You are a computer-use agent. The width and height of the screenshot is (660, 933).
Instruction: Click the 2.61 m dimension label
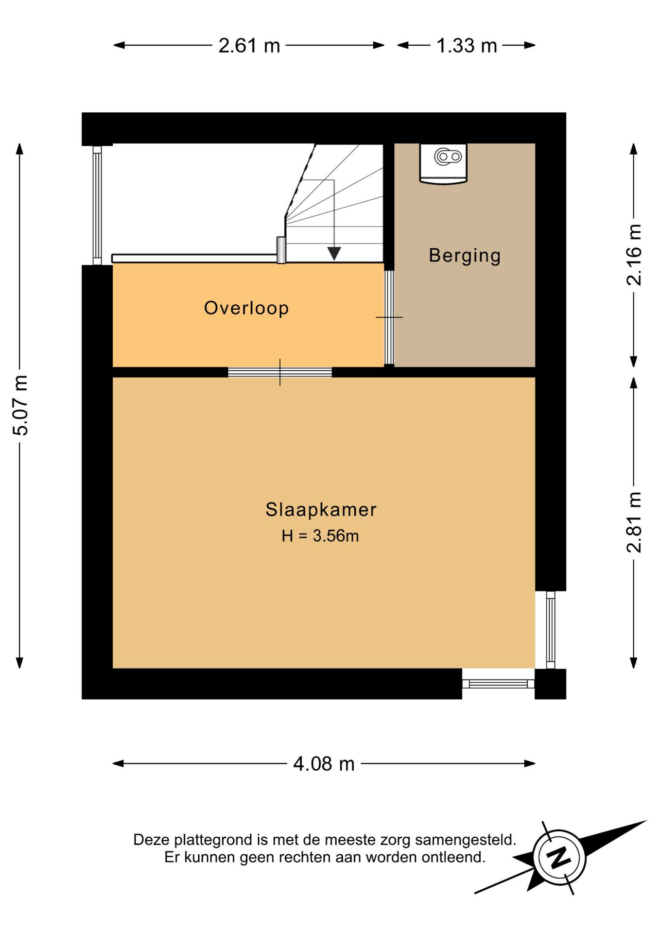[x=249, y=46]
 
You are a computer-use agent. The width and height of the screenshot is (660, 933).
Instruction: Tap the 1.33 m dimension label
[x=467, y=46]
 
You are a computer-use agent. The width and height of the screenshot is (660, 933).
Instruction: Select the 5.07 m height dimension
[x=20, y=405]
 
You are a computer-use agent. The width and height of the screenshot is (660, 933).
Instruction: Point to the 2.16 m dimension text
[x=634, y=255]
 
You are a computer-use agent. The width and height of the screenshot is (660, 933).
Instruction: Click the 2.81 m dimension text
[x=634, y=522]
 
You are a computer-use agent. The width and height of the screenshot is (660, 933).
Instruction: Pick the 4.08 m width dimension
[x=324, y=764]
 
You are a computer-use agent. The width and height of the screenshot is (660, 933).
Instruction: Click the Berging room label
[x=465, y=256]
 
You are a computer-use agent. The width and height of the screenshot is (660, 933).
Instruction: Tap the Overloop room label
[x=246, y=308]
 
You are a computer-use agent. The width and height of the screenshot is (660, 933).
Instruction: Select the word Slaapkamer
[x=321, y=510]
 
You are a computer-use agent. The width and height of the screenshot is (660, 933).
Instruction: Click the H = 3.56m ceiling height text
[x=320, y=536]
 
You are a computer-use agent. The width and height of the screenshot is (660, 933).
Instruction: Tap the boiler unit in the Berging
[x=443, y=163]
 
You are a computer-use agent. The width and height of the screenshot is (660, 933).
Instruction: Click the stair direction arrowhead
[x=334, y=253]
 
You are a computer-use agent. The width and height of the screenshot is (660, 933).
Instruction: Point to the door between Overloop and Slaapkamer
[x=280, y=372]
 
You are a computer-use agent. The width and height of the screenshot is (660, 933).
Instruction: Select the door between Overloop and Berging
[x=389, y=317]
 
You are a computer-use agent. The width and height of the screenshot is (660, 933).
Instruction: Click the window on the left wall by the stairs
[x=97, y=205]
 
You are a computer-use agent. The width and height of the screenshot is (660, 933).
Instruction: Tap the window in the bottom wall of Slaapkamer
[x=498, y=684]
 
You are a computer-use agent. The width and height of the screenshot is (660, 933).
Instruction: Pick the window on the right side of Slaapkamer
[x=550, y=630]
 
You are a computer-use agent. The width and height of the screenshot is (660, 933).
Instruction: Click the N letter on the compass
[x=559, y=858]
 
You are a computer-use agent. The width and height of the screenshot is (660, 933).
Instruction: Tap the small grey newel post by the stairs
[x=281, y=250]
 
